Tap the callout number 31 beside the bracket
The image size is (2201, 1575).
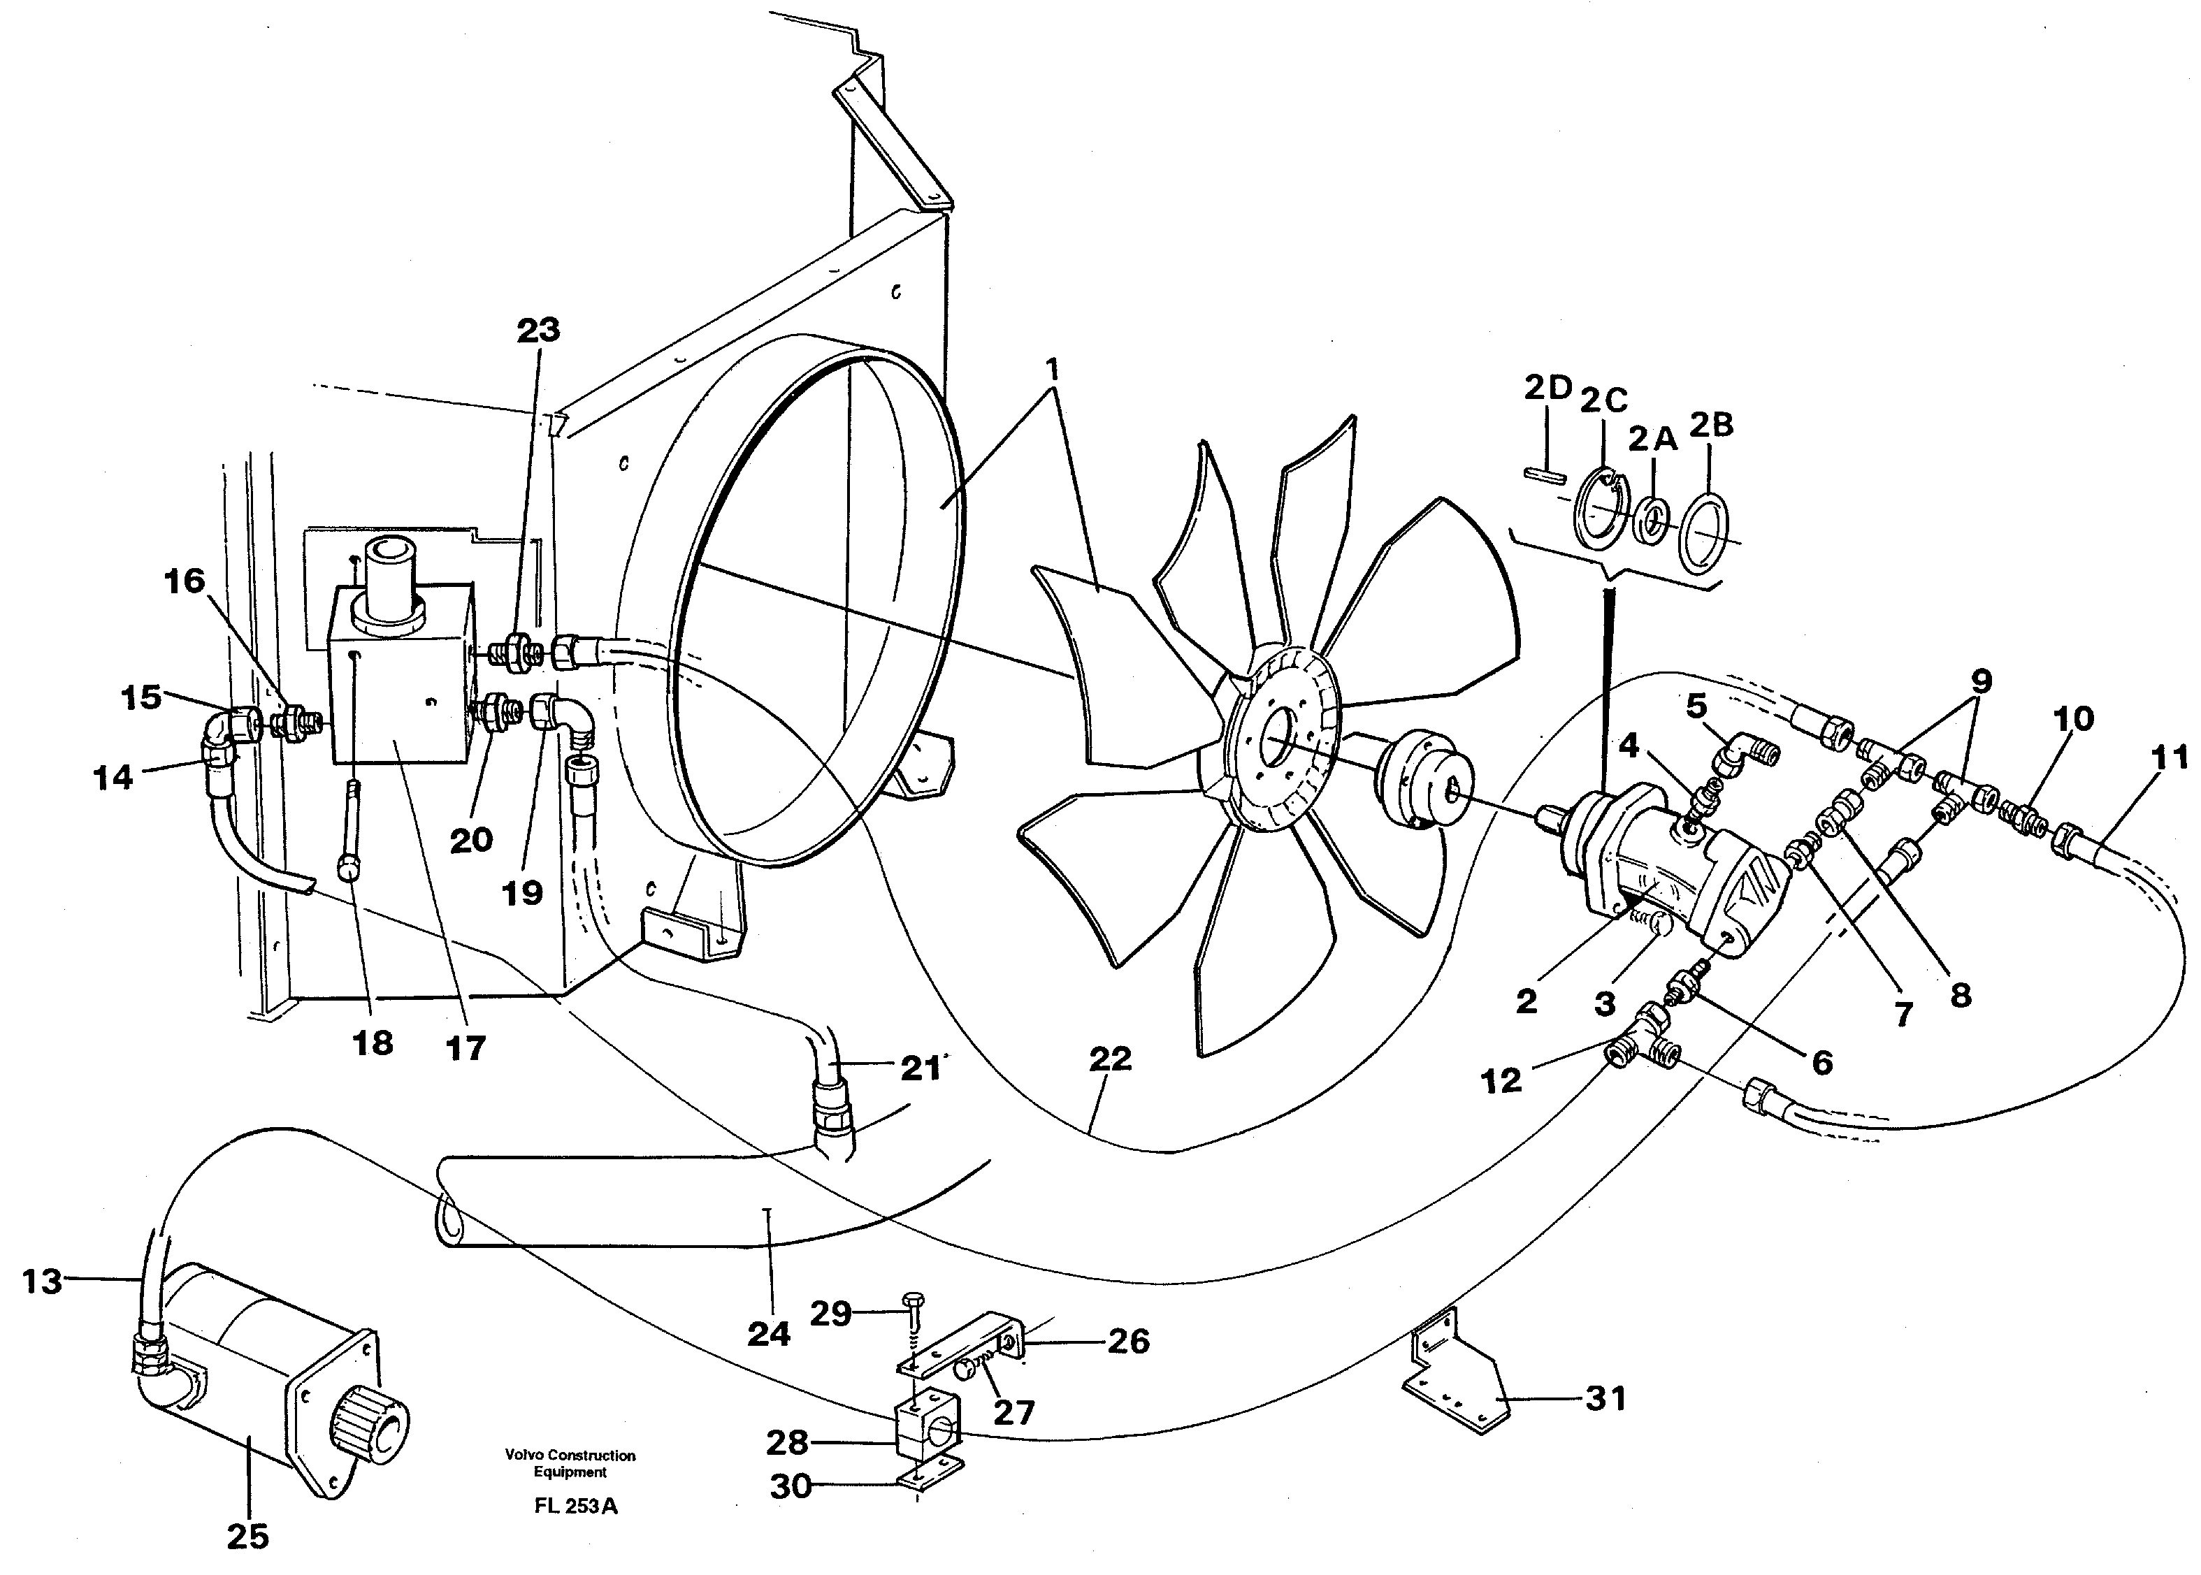1605,1398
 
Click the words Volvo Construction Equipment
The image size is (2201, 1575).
570,1463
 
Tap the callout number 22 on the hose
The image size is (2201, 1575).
1110,1059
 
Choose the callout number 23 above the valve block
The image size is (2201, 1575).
538,330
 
